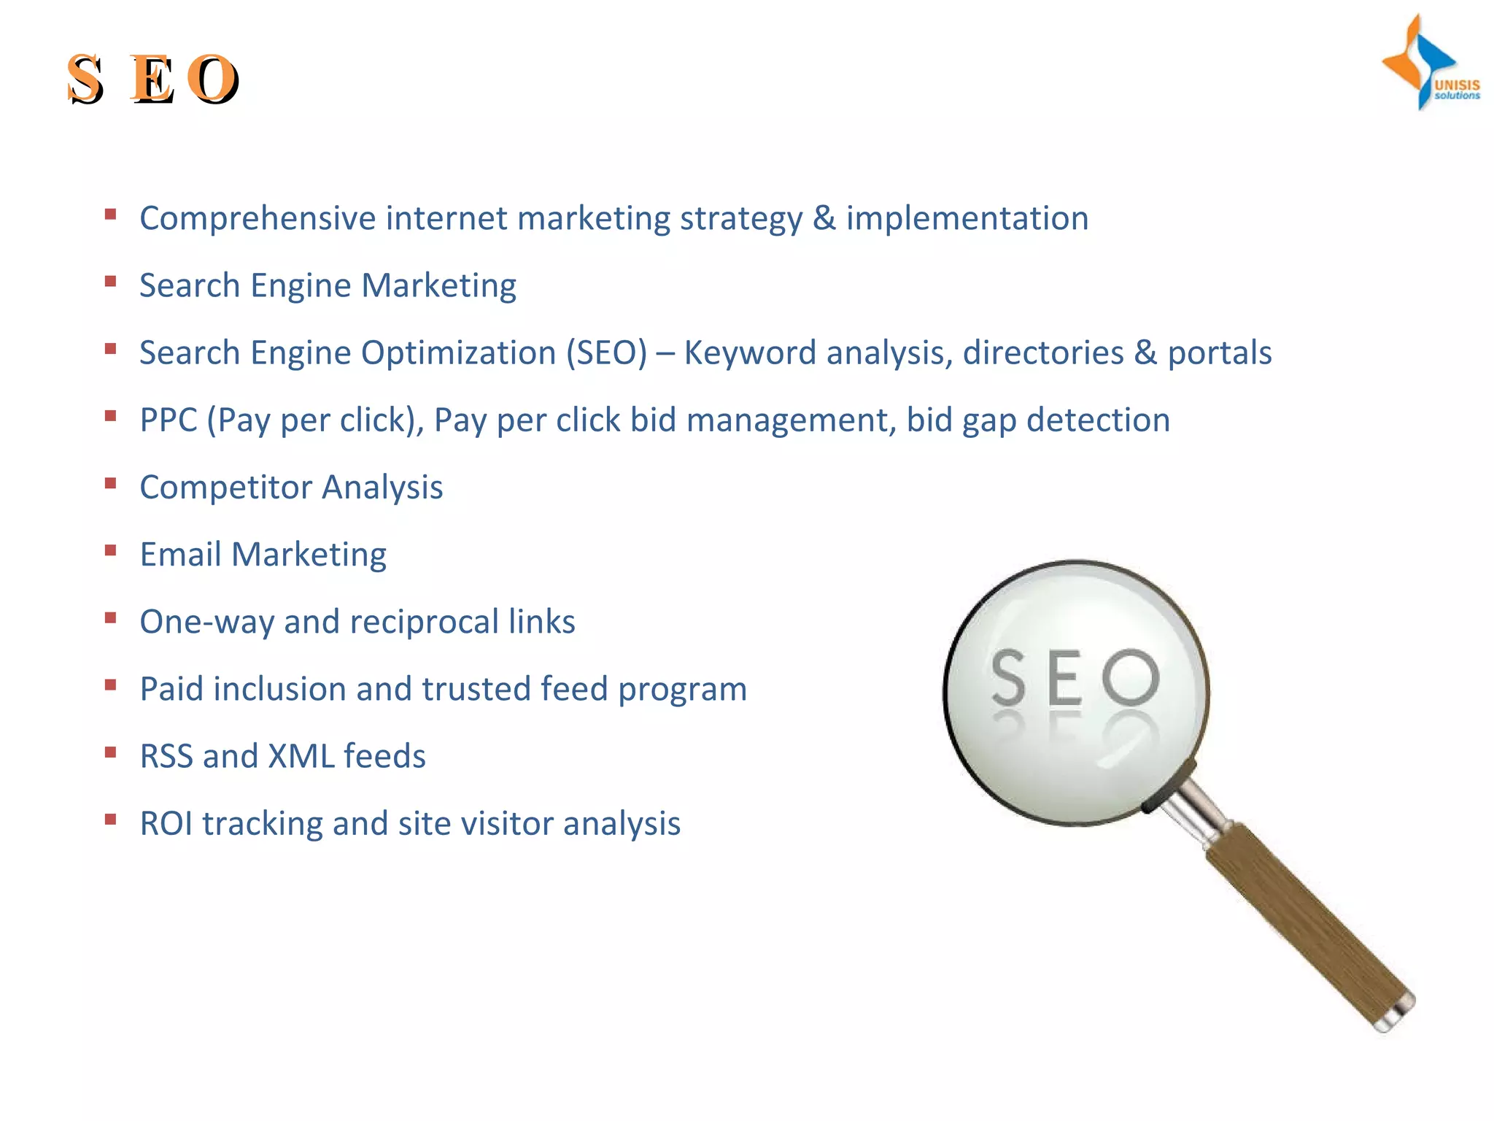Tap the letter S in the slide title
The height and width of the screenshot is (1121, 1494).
click(x=85, y=79)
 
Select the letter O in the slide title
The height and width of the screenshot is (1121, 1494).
click(x=212, y=79)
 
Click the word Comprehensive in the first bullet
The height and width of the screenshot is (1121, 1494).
click(x=258, y=219)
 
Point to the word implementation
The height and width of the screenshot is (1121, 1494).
click(x=967, y=219)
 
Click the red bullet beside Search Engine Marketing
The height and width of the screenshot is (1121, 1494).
click(x=111, y=282)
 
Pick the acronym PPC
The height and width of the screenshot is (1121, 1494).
click(x=169, y=420)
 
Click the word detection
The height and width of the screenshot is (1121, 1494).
click(x=1098, y=420)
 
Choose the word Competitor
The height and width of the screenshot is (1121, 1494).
click(x=225, y=488)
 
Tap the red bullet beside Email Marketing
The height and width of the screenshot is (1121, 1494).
click(x=111, y=550)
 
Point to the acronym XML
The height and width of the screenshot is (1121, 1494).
click(x=301, y=756)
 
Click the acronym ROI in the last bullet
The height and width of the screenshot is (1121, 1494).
click(x=166, y=824)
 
